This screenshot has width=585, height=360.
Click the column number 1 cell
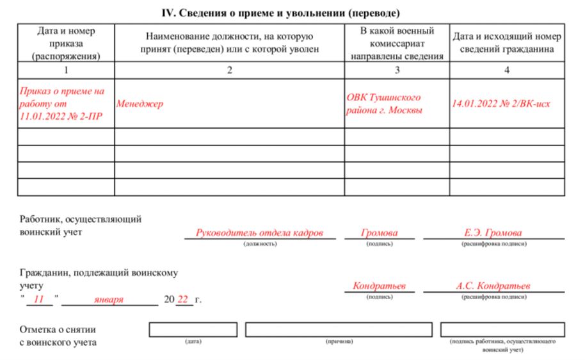click(66, 70)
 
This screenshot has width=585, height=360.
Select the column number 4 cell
click(506, 70)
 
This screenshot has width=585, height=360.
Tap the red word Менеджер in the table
click(140, 104)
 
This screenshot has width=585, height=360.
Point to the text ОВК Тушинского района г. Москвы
click(384, 104)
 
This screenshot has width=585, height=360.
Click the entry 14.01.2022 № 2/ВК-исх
click(501, 104)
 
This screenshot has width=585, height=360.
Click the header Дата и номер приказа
click(66, 43)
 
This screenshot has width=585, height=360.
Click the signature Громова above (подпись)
click(379, 233)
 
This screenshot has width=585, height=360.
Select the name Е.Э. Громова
click(493, 233)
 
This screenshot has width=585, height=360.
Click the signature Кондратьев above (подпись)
click(379, 286)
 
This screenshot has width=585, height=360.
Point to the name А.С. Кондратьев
click(493, 286)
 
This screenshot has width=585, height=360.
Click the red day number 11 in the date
click(39, 299)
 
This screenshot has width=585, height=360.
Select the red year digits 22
click(183, 299)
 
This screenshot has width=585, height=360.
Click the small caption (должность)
click(260, 244)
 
